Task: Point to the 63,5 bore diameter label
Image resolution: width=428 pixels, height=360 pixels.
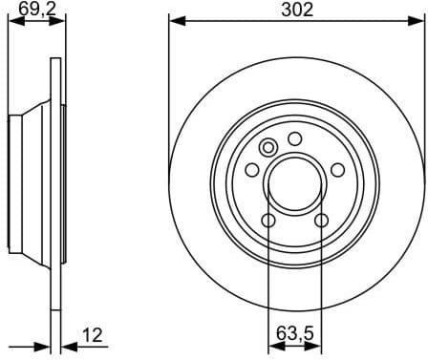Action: point(295,335)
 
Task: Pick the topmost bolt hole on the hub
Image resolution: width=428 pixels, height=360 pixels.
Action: point(295,136)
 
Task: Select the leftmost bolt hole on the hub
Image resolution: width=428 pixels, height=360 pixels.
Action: point(252,169)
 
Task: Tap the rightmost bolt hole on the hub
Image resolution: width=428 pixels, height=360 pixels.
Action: point(338,169)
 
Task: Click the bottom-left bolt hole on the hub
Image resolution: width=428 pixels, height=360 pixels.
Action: point(268,221)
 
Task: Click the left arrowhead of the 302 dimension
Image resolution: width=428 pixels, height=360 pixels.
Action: point(174,21)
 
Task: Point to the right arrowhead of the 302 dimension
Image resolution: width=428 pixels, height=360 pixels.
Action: point(417,21)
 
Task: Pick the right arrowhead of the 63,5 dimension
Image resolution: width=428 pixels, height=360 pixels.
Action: point(317,346)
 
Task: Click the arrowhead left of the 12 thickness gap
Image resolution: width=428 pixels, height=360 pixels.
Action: point(44,346)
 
